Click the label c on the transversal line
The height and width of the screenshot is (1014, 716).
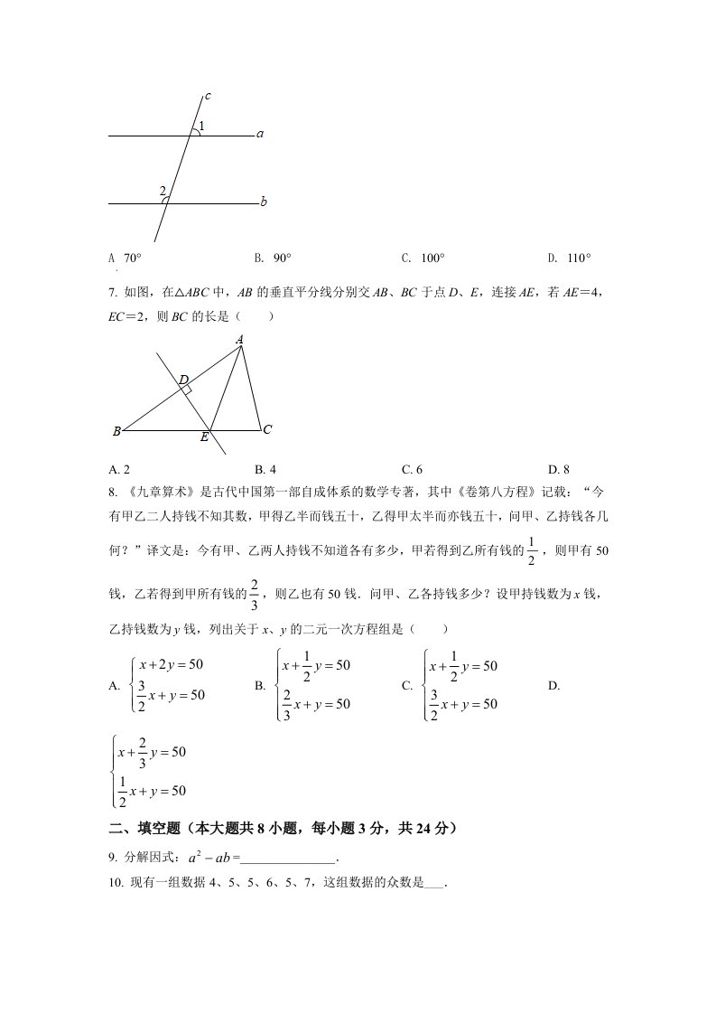208,96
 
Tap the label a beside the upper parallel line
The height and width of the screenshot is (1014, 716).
260,135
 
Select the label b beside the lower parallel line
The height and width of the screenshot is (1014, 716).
263,202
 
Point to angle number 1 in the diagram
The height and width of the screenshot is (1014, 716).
201,126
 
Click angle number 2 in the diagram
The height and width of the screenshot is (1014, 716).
163,191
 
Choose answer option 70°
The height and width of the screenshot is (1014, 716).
132,258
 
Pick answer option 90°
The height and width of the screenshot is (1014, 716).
282,258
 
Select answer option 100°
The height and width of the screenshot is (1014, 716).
432,258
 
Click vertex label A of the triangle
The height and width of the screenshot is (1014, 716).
240,340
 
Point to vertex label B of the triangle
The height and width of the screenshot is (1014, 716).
116,432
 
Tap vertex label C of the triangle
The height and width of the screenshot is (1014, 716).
267,430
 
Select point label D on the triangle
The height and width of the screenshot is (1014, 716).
182,380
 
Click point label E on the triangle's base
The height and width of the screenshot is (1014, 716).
204,437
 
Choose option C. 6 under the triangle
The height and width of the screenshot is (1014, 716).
412,469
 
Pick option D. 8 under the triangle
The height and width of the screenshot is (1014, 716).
559,469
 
